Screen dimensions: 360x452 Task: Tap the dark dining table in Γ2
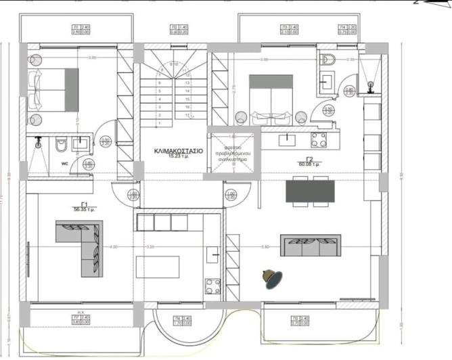point(310,191)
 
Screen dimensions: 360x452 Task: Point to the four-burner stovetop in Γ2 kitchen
point(319,140)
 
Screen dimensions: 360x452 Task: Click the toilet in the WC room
point(60,144)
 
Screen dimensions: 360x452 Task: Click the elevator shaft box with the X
point(233,150)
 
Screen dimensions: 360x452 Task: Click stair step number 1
point(159,124)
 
